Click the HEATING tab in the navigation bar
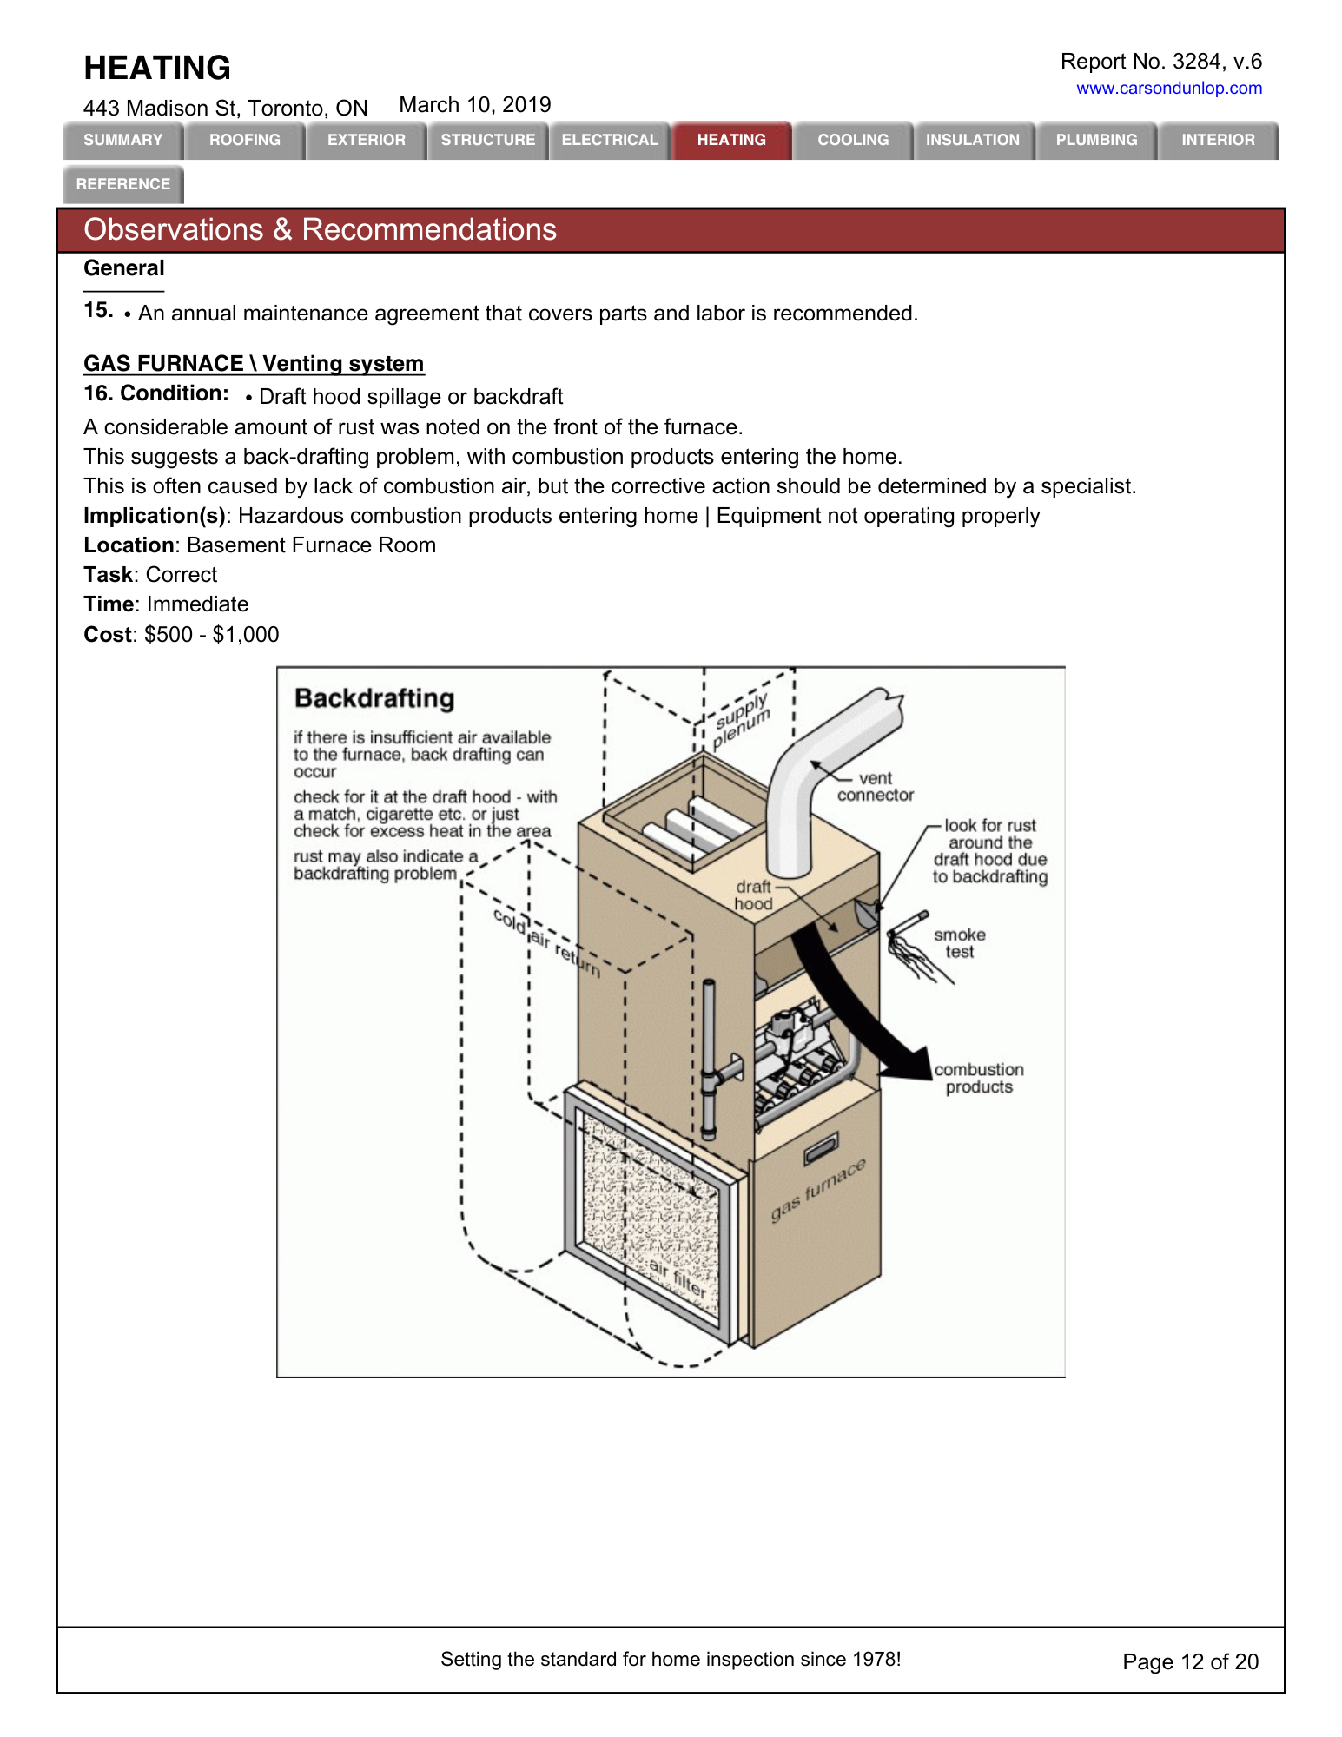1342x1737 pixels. pyautogui.click(x=731, y=140)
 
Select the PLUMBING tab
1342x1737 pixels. pyautogui.click(x=1096, y=140)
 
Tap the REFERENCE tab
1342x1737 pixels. pyautogui.click(x=123, y=184)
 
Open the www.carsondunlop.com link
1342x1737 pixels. pyautogui.click(x=1168, y=88)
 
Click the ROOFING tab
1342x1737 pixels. pyautogui.click(x=245, y=140)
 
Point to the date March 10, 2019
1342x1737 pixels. pyautogui.click(x=475, y=105)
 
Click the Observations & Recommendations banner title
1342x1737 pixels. pyautogui.click(x=320, y=230)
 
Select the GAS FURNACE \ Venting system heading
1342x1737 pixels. pyautogui.click(x=254, y=363)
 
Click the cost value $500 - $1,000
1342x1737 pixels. pyautogui.click(x=212, y=635)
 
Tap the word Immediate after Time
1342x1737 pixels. pyautogui.click(x=198, y=604)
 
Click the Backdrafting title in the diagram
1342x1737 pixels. pyautogui.click(x=374, y=698)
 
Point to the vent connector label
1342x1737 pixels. pyautogui.click(x=876, y=787)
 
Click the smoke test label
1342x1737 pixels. pyautogui.click(x=960, y=943)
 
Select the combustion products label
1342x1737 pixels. pyautogui.click(x=979, y=1078)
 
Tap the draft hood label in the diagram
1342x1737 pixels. pyautogui.click(x=753, y=895)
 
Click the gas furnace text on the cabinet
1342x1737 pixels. pyautogui.click(x=818, y=1190)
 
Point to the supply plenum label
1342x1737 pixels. pyautogui.click(x=741, y=721)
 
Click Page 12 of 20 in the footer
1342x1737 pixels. pyautogui.click(x=1190, y=1661)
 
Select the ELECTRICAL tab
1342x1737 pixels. pyautogui.click(x=610, y=140)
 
